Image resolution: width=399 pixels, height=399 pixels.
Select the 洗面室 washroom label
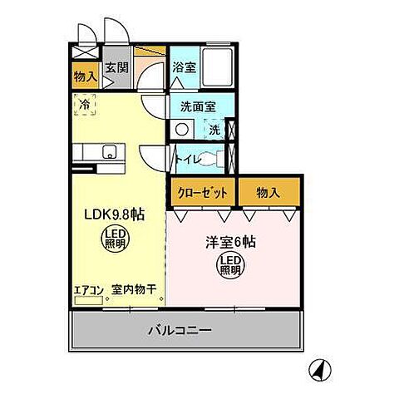click(197, 106)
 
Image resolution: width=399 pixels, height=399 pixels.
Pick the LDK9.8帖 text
click(114, 214)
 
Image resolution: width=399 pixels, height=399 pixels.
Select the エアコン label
click(87, 289)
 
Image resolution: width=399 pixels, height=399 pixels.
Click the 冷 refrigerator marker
click(84, 105)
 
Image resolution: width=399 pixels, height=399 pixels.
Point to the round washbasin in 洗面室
click(182, 130)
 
